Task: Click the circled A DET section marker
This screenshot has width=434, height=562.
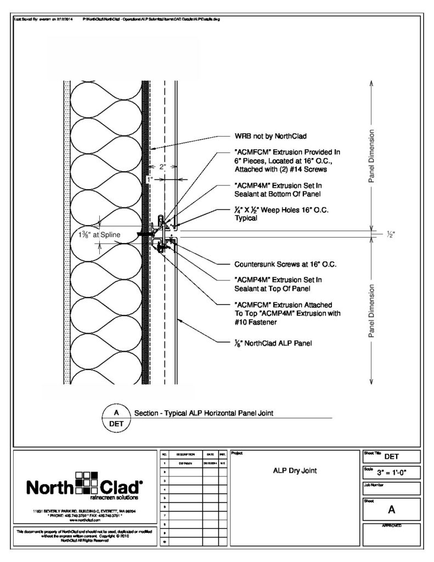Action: coord(116,418)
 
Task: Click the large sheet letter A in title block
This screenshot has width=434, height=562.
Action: coord(392,510)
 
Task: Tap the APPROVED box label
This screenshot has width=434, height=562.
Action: coord(391,526)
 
